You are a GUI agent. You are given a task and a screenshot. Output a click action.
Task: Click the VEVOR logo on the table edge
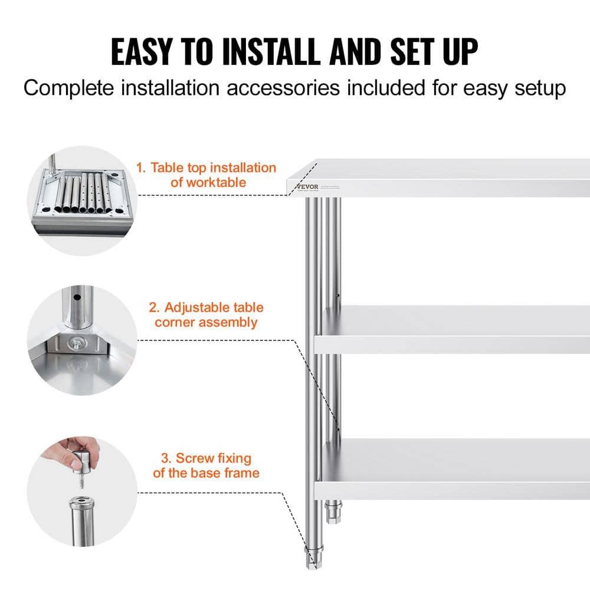pyautogui.click(x=307, y=187)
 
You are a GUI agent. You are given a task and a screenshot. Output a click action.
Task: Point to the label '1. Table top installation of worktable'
pyautogui.click(x=206, y=175)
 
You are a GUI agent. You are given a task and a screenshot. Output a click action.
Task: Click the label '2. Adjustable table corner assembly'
pyautogui.click(x=206, y=314)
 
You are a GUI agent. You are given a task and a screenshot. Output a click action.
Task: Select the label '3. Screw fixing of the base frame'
pyautogui.click(x=206, y=465)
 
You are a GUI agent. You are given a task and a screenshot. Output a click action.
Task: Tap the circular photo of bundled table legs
pyautogui.click(x=82, y=201)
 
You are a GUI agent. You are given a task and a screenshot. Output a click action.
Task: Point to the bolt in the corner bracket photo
pyautogui.click(x=76, y=343)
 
